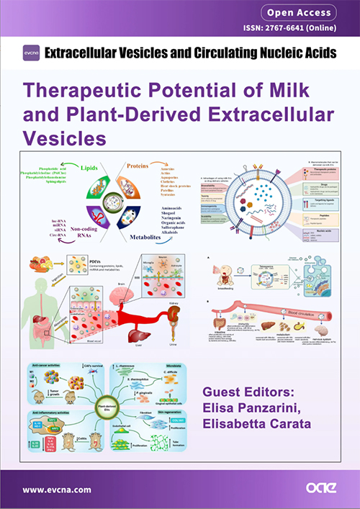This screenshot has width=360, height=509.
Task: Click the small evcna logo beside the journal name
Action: (30, 53)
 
